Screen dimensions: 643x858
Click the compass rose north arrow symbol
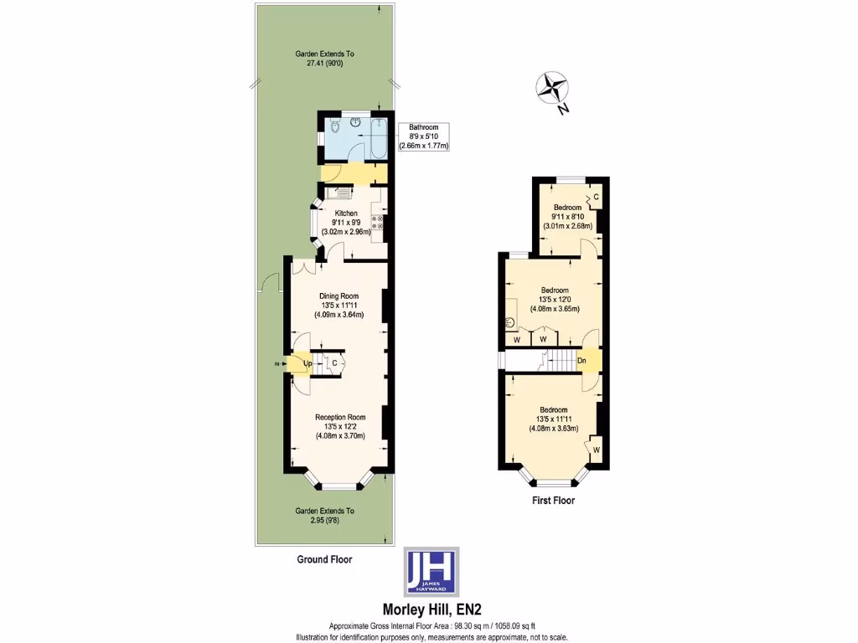pyautogui.click(x=551, y=89)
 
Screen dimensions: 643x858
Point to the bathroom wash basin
pyautogui.click(x=355, y=121)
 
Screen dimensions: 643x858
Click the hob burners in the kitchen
pyautogui.click(x=378, y=223)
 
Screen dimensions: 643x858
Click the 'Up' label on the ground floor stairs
pyautogui.click(x=308, y=363)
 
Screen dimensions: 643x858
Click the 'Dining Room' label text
pyautogui.click(x=339, y=296)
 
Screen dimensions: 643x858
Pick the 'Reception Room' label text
pyautogui.click(x=340, y=417)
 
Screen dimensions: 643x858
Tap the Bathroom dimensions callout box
pyautogui.click(x=424, y=136)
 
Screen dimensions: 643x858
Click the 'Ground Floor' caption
pyautogui.click(x=325, y=559)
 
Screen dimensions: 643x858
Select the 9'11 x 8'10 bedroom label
pyautogui.click(x=567, y=216)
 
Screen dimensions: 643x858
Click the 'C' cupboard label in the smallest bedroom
pyautogui.click(x=596, y=197)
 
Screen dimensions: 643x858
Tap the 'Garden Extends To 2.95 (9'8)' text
pyautogui.click(x=325, y=515)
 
